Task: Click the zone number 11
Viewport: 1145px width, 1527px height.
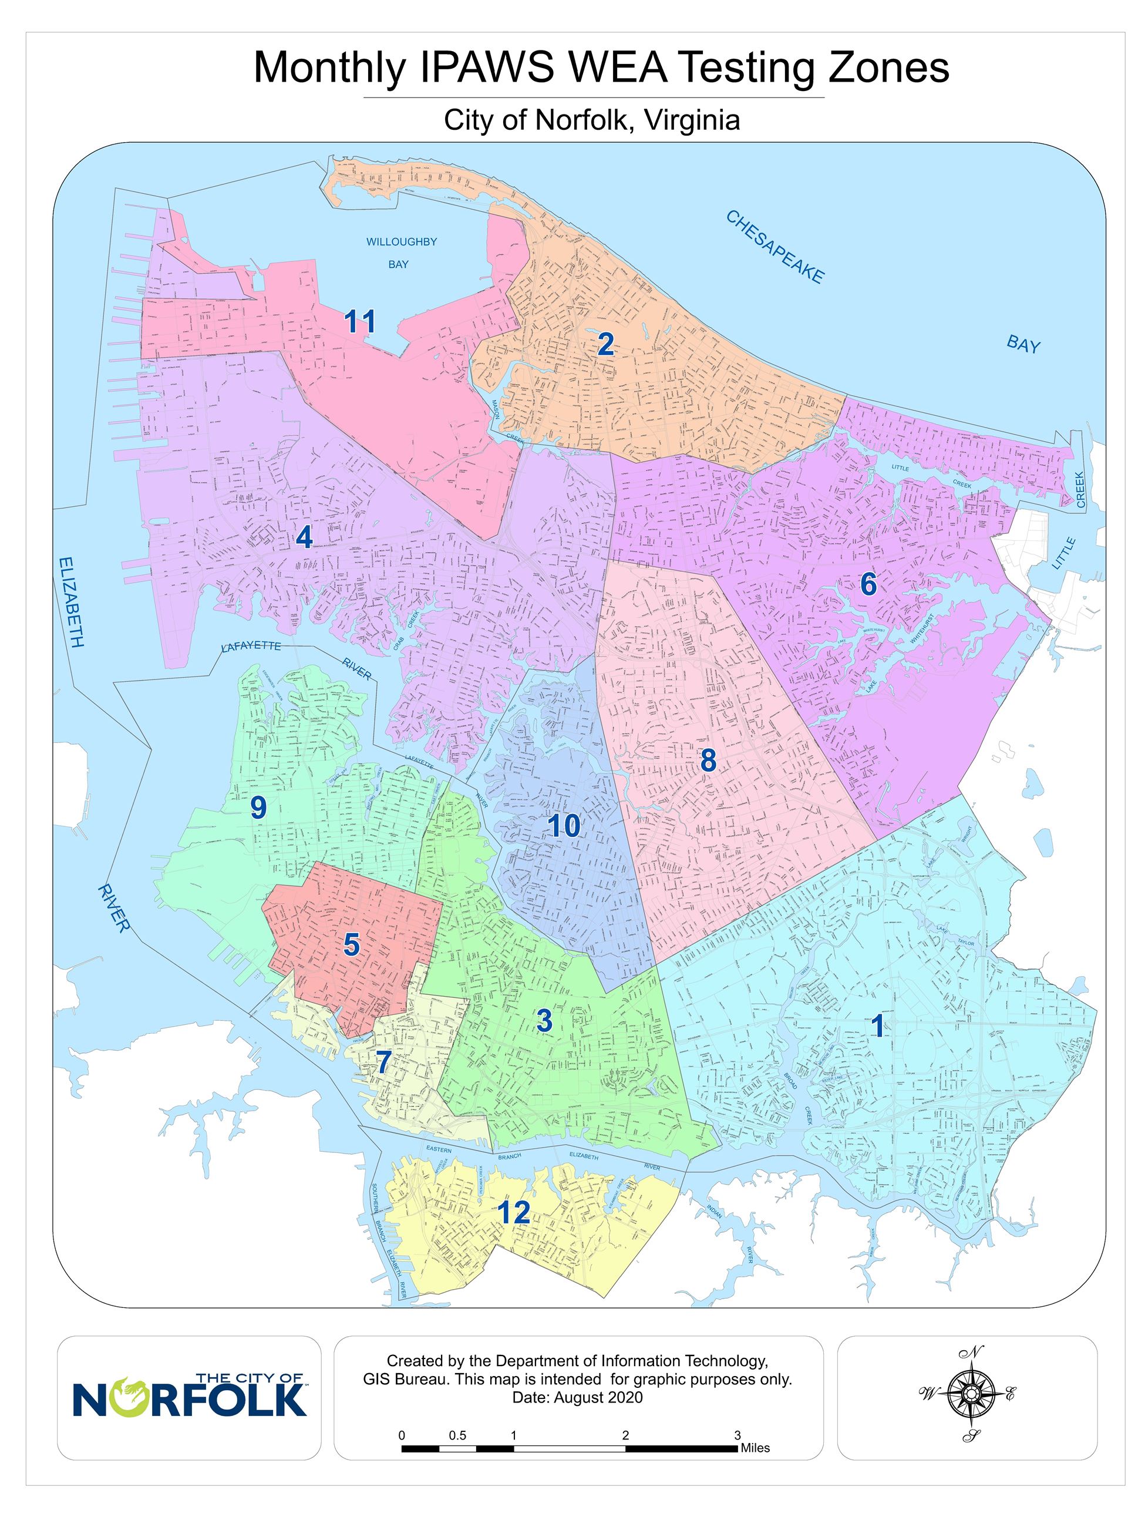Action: (x=359, y=321)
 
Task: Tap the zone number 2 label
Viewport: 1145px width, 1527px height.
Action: (x=605, y=344)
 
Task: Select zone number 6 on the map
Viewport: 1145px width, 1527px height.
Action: (x=867, y=584)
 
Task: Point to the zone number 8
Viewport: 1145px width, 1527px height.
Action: (x=708, y=760)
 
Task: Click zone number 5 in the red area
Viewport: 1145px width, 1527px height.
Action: (x=351, y=944)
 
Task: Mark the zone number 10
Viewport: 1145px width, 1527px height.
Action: (x=563, y=826)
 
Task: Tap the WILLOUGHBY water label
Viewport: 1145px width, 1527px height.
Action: (x=401, y=241)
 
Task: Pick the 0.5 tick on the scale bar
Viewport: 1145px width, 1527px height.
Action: (x=457, y=1435)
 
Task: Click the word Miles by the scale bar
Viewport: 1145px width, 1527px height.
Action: (x=755, y=1448)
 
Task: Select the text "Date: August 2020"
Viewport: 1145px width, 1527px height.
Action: (x=577, y=1398)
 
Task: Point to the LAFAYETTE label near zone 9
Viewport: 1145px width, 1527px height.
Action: (x=251, y=646)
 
